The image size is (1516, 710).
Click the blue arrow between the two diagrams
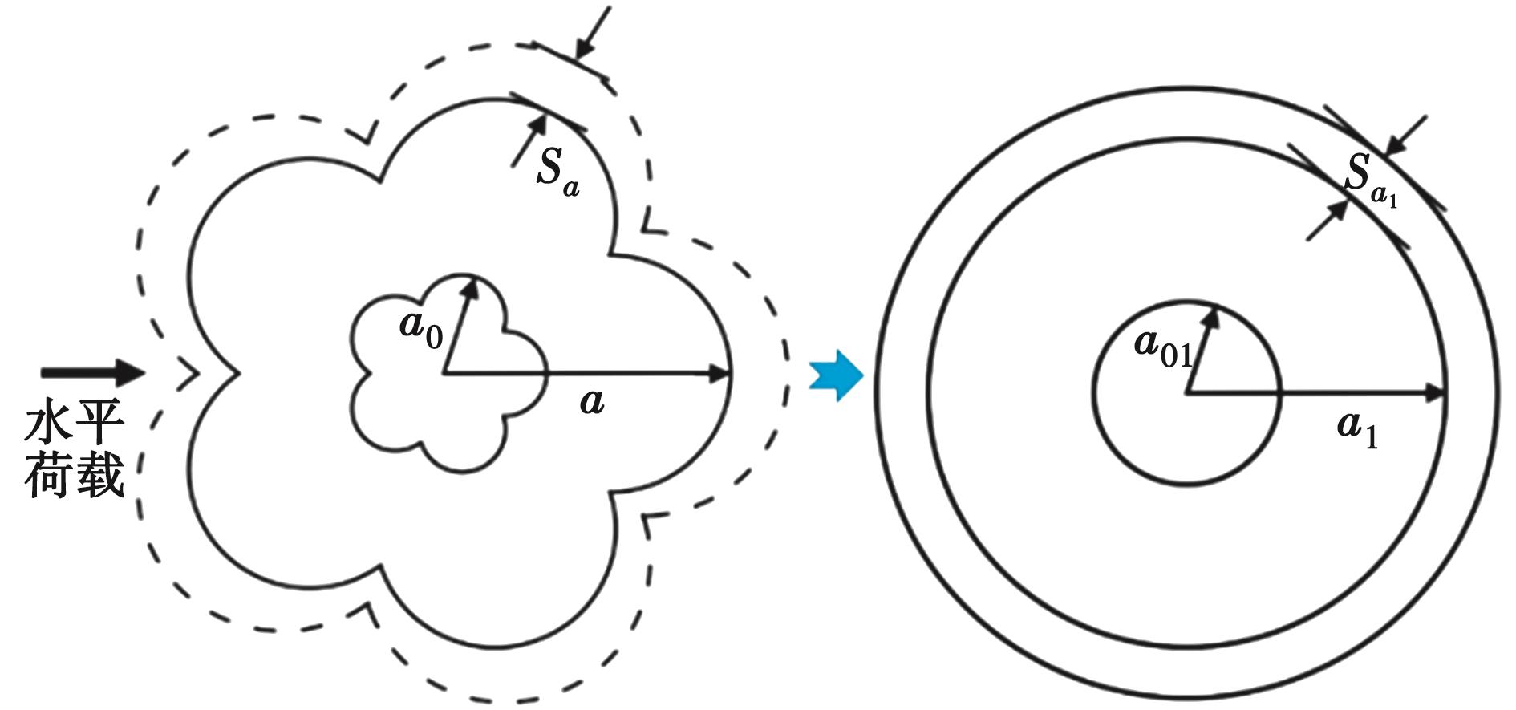click(836, 375)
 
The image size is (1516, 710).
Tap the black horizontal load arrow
click(93, 372)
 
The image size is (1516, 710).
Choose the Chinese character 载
click(101, 475)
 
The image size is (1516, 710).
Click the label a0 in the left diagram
click(420, 331)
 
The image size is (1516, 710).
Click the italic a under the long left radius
click(592, 401)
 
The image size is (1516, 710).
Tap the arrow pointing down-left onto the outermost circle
click(1405, 136)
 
